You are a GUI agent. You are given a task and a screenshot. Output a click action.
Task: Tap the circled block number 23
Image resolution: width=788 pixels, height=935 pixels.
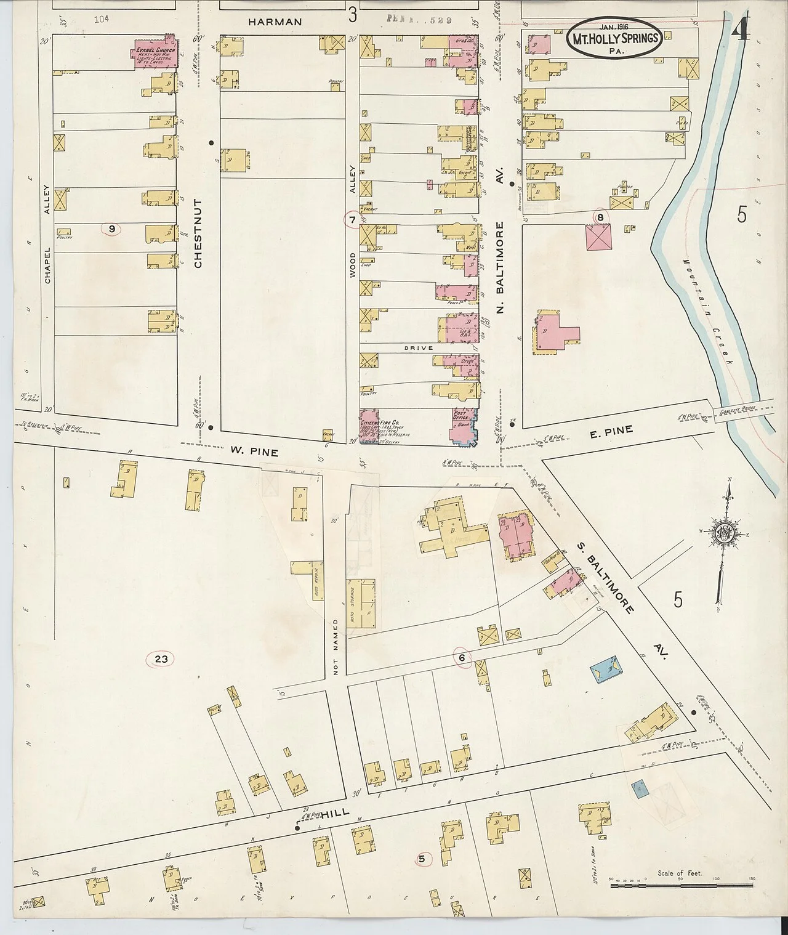[x=161, y=659]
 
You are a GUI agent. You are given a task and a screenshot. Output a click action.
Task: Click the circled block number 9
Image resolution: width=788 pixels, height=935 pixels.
[x=111, y=229]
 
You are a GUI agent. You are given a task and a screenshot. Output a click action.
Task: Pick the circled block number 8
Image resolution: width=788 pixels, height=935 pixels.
[x=599, y=216]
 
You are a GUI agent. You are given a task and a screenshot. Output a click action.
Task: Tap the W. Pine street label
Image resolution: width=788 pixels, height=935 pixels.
[x=255, y=452]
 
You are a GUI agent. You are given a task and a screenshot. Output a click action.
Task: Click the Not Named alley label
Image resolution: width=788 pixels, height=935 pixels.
[x=336, y=647]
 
